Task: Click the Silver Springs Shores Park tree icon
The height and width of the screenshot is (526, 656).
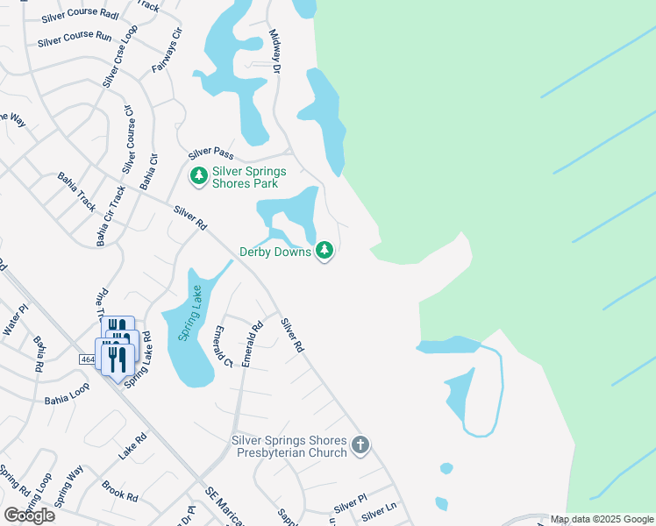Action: (x=199, y=177)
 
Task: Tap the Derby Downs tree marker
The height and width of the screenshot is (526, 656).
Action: (x=325, y=252)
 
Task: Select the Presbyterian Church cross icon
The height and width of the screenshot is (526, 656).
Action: (x=360, y=446)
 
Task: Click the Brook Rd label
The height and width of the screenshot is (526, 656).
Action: (x=119, y=490)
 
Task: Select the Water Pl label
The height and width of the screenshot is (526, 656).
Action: (x=16, y=319)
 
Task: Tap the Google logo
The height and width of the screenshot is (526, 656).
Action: (x=29, y=515)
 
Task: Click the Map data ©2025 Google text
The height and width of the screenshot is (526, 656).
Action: (x=602, y=520)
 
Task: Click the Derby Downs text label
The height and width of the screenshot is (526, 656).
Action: (x=275, y=252)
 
